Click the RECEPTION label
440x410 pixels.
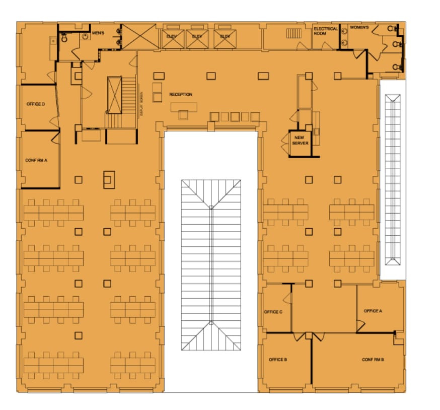[181, 95]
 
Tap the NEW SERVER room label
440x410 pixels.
[300, 140]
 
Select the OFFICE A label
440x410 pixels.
[373, 311]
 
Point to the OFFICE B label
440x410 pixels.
[278, 360]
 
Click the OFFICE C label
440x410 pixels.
[273, 312]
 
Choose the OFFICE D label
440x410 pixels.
[36, 104]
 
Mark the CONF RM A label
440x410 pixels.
[36, 160]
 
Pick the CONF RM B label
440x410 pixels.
[373, 360]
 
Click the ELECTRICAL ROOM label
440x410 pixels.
[326, 31]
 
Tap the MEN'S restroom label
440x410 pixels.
[98, 33]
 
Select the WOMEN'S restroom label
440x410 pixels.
[359, 27]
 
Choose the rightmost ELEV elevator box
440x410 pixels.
[225, 37]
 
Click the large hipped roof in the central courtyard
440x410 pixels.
[211, 265]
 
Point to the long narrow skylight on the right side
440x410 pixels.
[393, 179]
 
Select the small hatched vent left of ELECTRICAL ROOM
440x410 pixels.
[293, 33]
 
